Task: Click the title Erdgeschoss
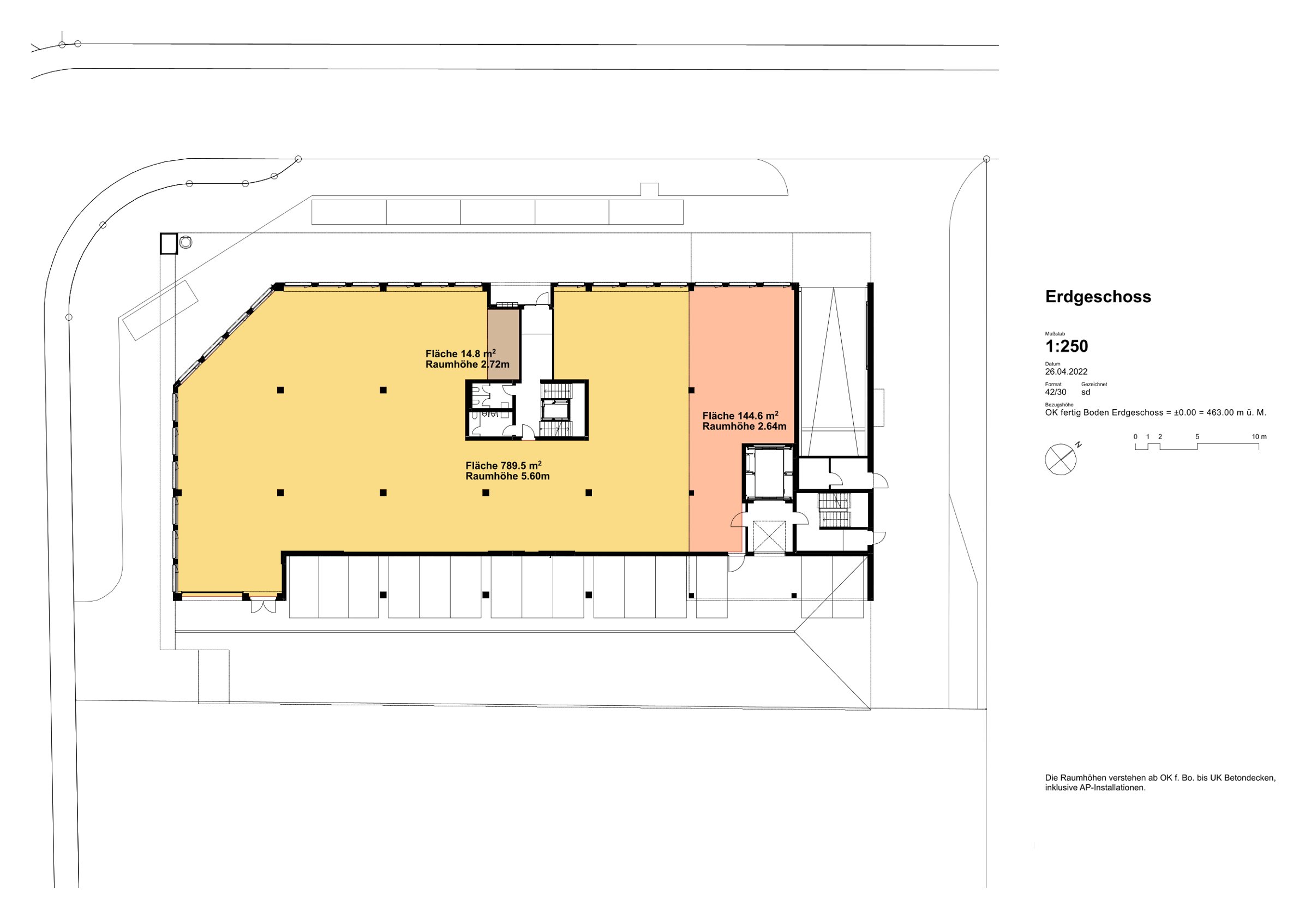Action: [x=1098, y=297]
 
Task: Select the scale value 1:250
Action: [x=1067, y=346]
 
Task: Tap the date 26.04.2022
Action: [x=1066, y=371]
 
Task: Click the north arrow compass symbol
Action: [x=1061, y=459]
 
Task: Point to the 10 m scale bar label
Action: [x=1259, y=437]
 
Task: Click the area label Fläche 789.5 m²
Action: [x=504, y=465]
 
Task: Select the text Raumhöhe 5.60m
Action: [x=507, y=476]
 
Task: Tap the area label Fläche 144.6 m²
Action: [x=740, y=416]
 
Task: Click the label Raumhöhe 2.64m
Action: [x=744, y=427]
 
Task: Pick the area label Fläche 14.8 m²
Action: [x=460, y=354]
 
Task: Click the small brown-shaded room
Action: [x=504, y=344]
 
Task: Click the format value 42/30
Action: [x=1055, y=392]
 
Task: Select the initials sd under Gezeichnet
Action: [x=1085, y=392]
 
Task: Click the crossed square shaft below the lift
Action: [x=769, y=537]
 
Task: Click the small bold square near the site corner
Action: [x=169, y=244]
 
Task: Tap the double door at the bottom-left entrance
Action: [x=263, y=606]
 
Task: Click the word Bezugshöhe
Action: [x=1059, y=405]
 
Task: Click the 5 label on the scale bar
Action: [x=1197, y=437]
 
